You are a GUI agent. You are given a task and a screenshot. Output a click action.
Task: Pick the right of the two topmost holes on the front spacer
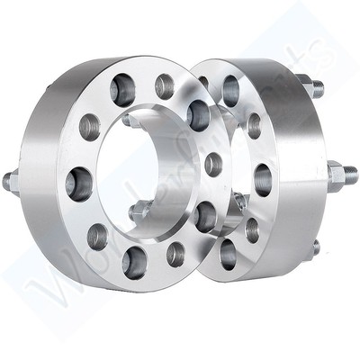166,87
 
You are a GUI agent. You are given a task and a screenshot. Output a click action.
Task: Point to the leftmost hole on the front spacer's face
89,130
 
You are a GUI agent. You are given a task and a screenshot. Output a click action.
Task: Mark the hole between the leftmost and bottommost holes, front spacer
97,236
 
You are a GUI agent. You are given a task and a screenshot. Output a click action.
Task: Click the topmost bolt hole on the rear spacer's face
230,86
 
